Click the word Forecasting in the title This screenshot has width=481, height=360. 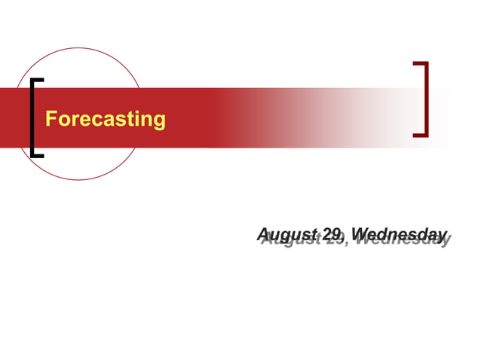tap(106, 119)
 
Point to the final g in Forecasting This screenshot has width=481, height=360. tap(159, 121)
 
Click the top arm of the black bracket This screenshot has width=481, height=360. tap(37, 80)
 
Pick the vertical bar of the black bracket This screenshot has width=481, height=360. tap(32, 117)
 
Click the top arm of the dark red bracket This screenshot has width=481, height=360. tap(421, 63)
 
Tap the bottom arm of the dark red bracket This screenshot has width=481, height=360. tap(421, 135)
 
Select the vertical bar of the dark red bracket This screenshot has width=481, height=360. tap(426, 99)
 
